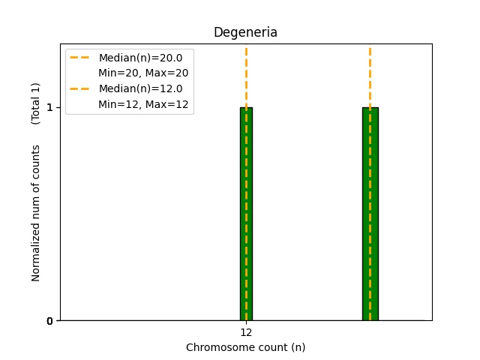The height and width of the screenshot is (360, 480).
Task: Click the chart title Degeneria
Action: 245,32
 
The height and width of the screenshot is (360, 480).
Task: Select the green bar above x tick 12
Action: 246,214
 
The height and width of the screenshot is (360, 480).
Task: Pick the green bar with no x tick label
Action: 370,214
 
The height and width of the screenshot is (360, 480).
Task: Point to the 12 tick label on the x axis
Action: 246,332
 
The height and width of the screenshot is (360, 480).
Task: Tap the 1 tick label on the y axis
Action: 49,107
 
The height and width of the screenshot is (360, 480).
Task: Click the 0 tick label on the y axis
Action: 49,321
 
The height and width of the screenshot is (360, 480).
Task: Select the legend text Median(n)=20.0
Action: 140,58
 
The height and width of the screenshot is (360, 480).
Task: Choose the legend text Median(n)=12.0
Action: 140,88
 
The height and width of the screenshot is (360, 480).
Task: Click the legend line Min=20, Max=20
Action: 143,73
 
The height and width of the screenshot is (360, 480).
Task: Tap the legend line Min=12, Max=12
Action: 143,103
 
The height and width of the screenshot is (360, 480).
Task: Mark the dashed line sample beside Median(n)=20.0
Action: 80,58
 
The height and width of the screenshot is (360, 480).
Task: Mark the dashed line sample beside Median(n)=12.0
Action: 80,88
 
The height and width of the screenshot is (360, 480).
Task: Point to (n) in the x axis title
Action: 298,347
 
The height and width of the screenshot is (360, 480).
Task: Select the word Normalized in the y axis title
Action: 36,256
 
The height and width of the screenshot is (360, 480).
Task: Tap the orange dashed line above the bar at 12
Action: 246,75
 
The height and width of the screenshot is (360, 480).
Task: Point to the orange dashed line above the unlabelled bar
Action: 370,75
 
